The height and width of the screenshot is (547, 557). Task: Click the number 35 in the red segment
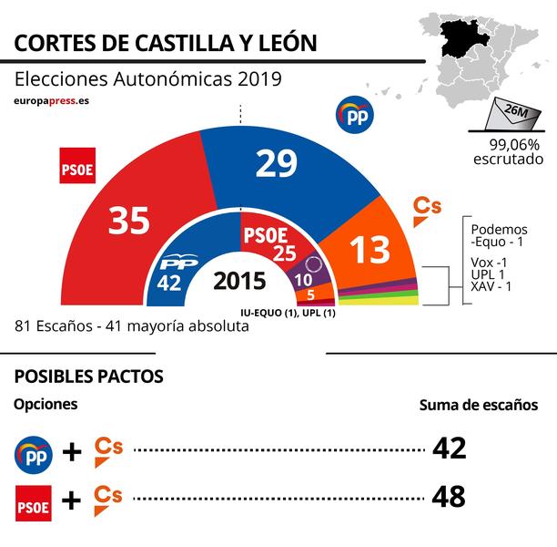pos(128,220)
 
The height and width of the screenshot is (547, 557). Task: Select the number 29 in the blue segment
pos(281,163)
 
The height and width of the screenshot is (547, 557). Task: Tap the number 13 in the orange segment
pos(370,249)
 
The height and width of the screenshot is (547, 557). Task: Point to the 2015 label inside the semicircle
pos(239,281)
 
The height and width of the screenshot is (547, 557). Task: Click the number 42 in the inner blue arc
pos(169,282)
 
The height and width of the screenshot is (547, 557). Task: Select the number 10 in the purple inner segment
pos(304,279)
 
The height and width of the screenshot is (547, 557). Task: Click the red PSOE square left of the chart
pos(77,165)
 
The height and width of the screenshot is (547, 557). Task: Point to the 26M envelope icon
pos(515,116)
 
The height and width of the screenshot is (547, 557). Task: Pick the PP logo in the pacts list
pos(34,451)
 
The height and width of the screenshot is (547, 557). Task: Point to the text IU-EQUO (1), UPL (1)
pos(289,313)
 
